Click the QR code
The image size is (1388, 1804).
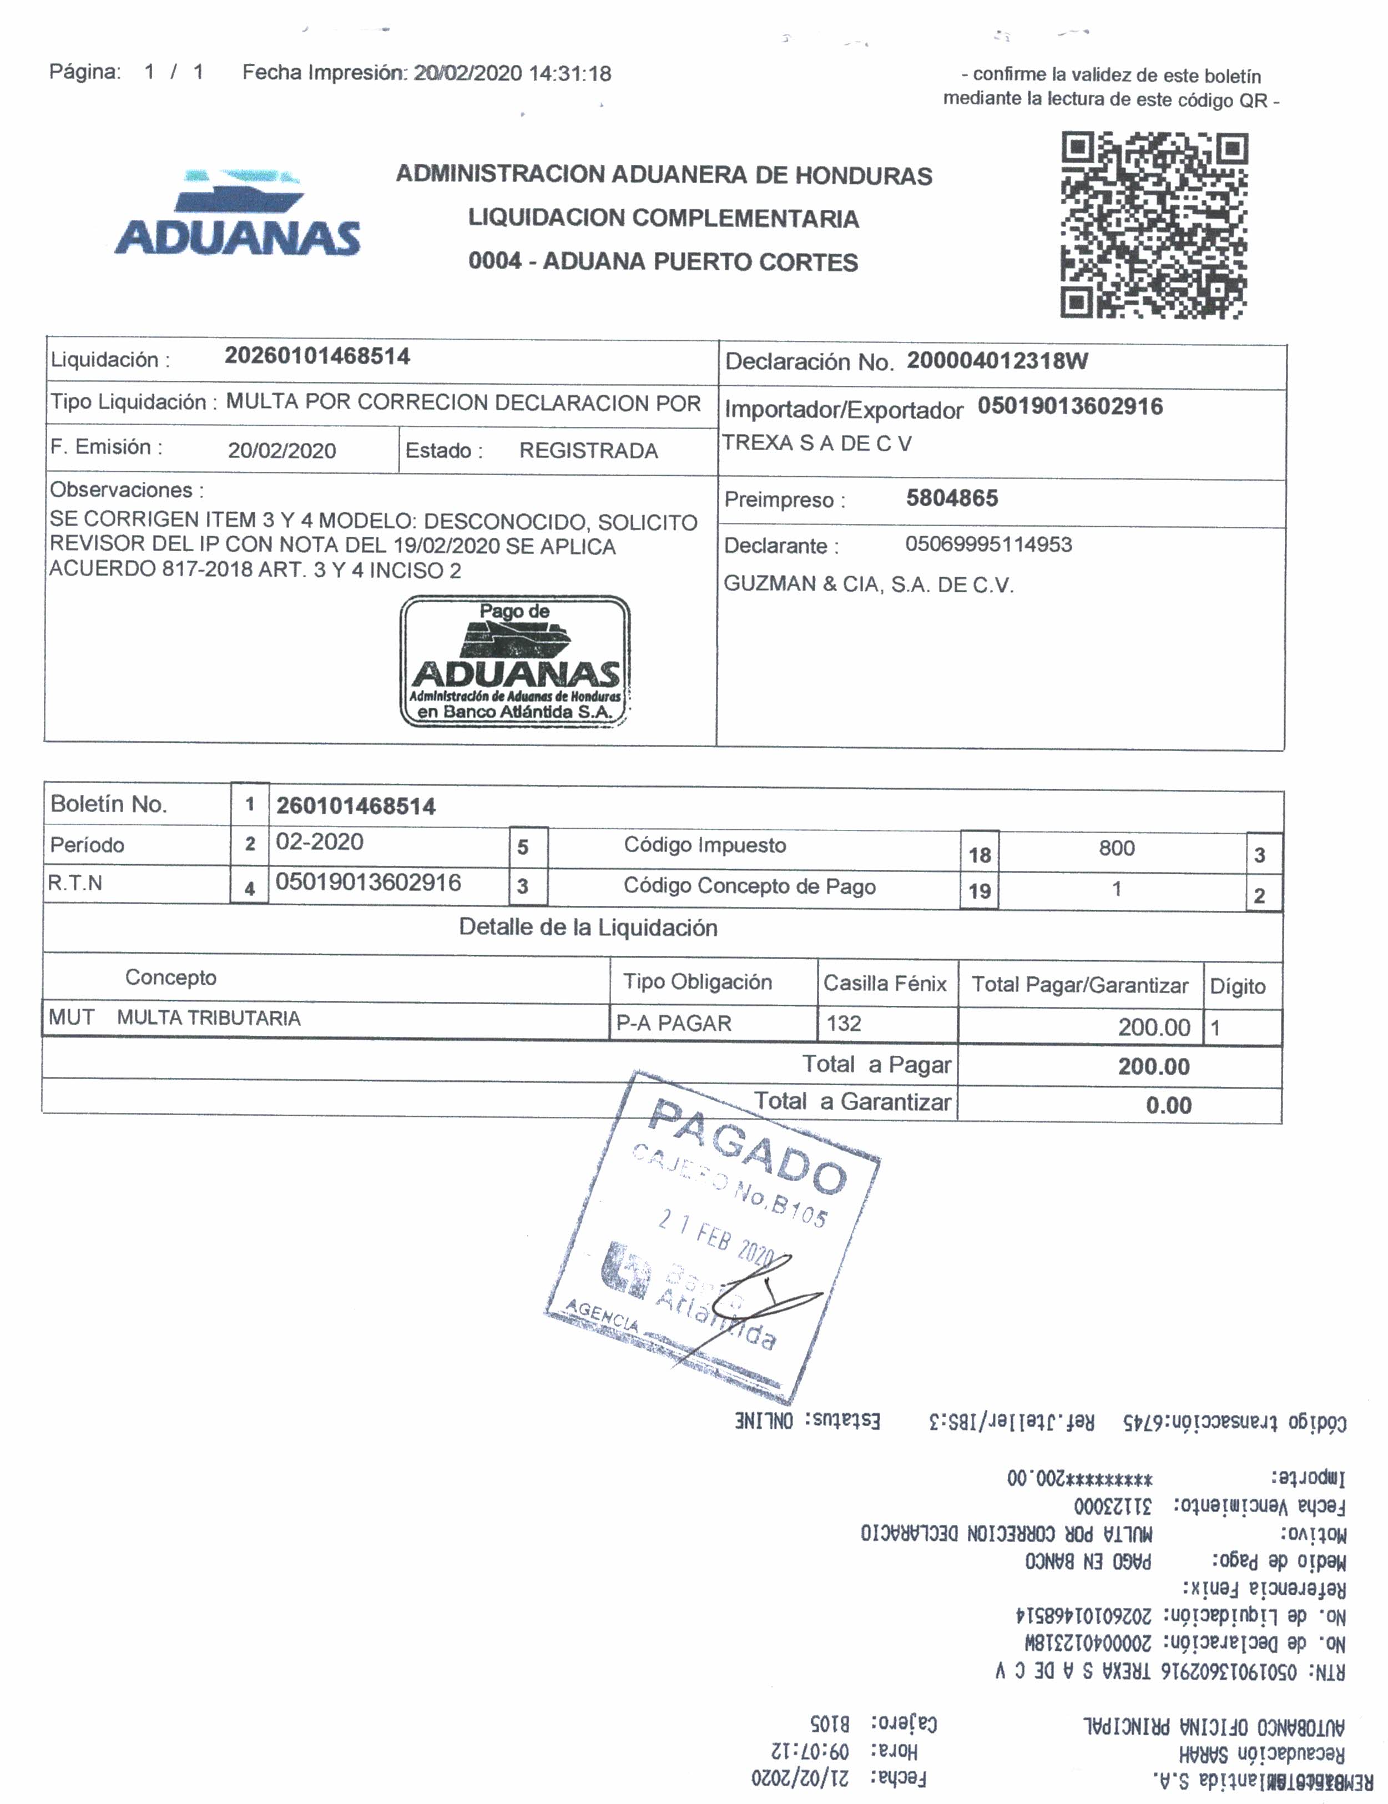point(1153,225)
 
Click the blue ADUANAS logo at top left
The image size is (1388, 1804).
point(238,216)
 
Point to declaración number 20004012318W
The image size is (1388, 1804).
point(997,361)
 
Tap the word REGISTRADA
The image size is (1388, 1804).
point(588,451)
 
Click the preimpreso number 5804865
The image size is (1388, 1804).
point(951,498)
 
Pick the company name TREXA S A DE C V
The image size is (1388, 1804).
point(816,444)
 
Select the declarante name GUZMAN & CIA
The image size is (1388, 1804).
point(868,585)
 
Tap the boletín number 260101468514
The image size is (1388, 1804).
point(355,806)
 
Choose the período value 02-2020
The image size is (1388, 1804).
point(320,841)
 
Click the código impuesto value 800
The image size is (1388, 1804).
point(1117,848)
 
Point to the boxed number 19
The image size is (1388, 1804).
point(980,891)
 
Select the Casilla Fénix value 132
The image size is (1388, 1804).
point(844,1024)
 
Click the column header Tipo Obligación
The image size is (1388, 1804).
point(697,981)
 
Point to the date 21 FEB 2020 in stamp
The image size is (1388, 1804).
point(714,1237)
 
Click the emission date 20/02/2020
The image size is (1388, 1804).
point(281,451)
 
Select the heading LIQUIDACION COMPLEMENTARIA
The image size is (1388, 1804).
point(663,219)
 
